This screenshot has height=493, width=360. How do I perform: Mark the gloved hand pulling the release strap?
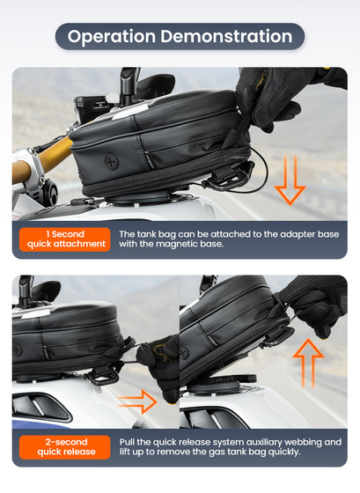click(153, 370)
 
